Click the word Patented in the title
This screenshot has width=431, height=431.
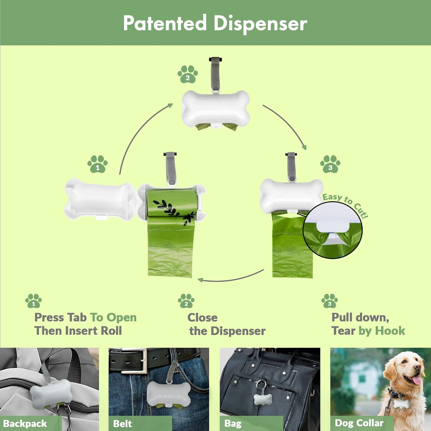[165, 23]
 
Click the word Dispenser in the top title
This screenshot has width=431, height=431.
[260, 24]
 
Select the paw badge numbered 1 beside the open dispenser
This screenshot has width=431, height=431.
[97, 164]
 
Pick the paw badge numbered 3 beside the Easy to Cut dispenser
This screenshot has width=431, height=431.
[330, 164]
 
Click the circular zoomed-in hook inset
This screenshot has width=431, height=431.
[332, 230]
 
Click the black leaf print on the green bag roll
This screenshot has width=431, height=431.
[172, 210]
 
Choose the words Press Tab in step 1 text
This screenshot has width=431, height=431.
[60, 318]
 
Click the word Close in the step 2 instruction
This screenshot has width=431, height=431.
[202, 318]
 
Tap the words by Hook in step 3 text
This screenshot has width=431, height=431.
[382, 331]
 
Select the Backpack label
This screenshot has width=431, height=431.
[25, 424]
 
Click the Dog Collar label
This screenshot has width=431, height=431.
[359, 423]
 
